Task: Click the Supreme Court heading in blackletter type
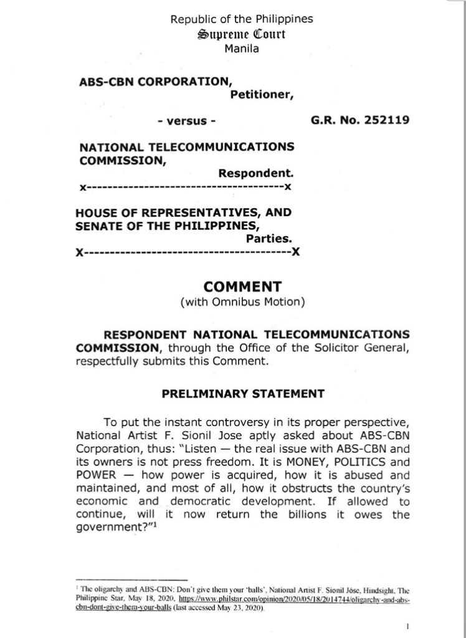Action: [241, 34]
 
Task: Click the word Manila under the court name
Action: [241, 48]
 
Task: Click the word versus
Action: [186, 120]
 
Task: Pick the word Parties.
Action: [269, 237]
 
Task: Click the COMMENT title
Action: [242, 287]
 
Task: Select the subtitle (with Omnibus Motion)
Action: [242, 303]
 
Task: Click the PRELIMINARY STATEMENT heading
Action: [242, 393]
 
